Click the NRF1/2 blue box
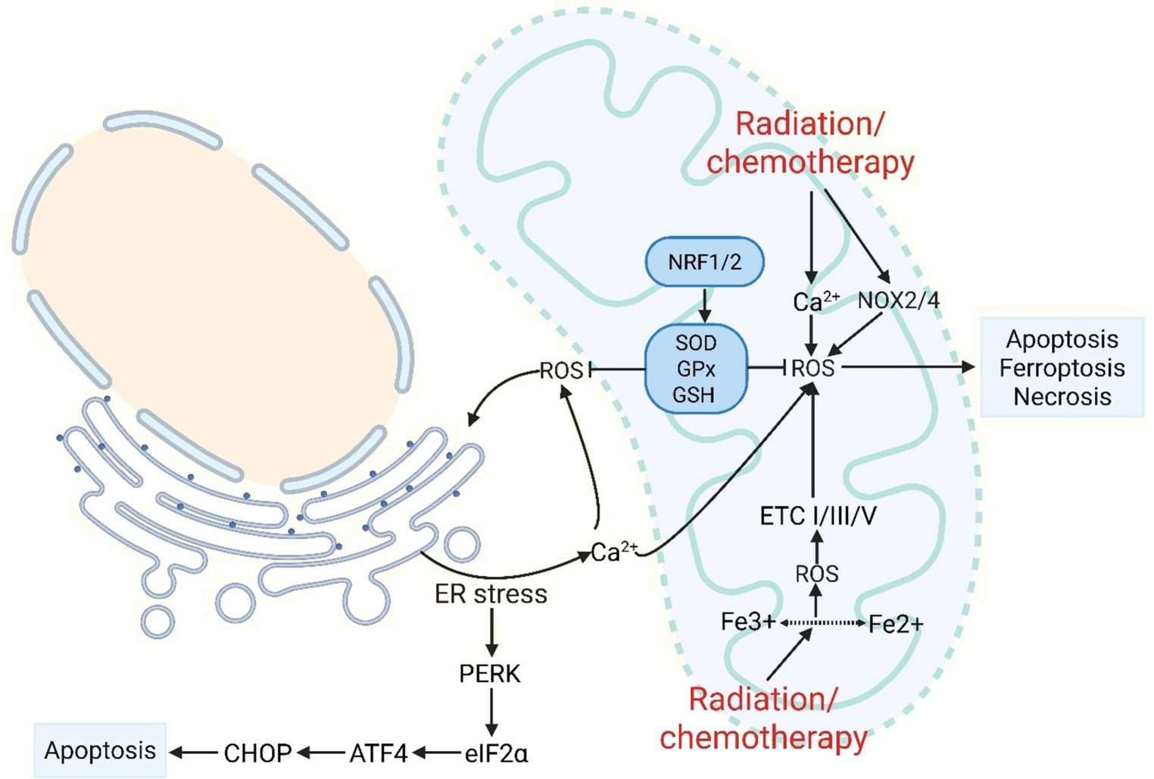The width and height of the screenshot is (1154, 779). tap(704, 263)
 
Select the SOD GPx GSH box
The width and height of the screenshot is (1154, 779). tap(696, 369)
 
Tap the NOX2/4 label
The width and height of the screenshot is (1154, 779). tap(898, 301)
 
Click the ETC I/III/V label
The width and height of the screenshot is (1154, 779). tap(818, 516)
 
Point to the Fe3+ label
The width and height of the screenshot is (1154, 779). tap(747, 622)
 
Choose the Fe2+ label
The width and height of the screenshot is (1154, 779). tap(896, 624)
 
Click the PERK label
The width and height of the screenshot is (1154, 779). tap(490, 674)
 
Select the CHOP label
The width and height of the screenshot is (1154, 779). tap(257, 753)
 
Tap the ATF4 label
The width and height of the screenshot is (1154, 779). tap(379, 753)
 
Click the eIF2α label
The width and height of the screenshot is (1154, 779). tap(496, 754)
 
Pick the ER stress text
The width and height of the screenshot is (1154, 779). tap(491, 594)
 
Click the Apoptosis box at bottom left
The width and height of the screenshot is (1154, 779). tap(100, 750)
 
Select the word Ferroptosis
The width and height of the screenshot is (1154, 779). tap(1062, 368)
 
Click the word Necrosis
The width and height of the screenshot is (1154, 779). tap(1062, 397)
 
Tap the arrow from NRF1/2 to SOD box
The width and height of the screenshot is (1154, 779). tap(704, 304)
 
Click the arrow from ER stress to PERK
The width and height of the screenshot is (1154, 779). tap(491, 631)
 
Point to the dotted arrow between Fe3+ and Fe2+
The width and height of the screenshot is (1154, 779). tap(822, 622)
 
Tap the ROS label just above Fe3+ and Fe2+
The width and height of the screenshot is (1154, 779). tap(816, 574)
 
